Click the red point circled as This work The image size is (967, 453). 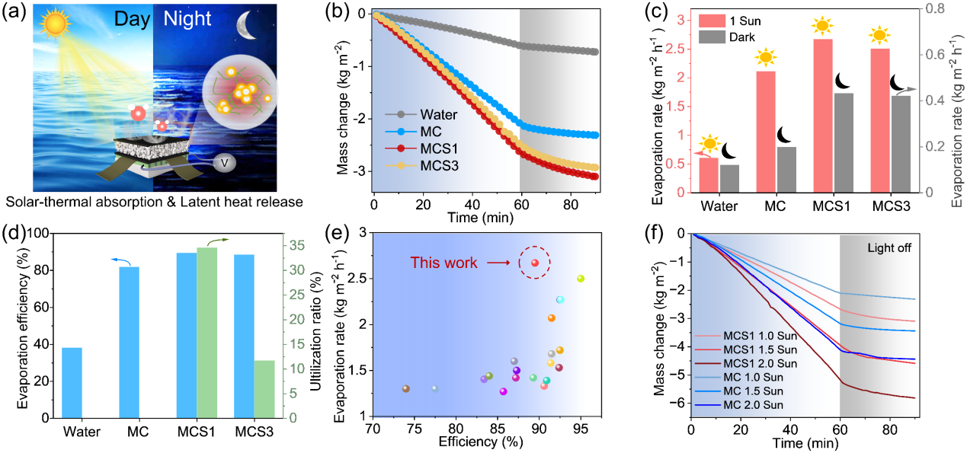click(535, 263)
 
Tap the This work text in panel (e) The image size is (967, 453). click(444, 263)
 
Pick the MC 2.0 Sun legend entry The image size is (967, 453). click(754, 404)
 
